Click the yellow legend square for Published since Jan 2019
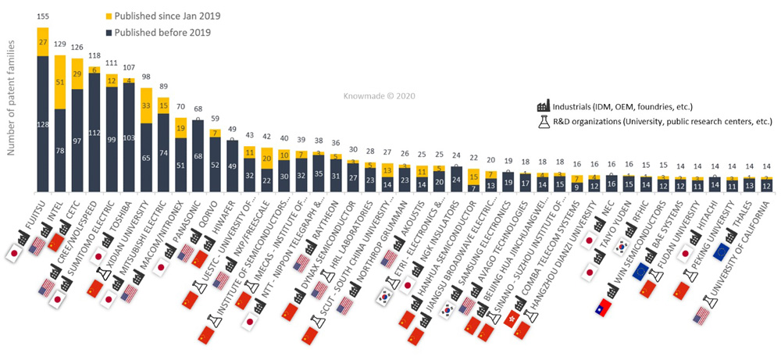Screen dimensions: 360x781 point(109,15)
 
